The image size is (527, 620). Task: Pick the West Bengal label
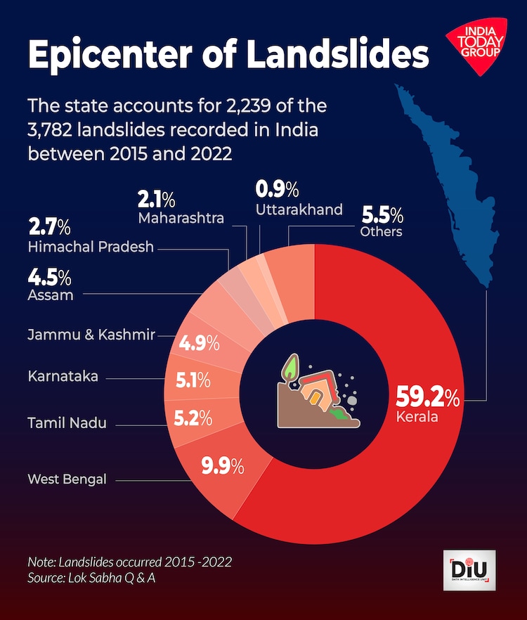[x=67, y=479]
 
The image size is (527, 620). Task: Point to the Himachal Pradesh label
[x=91, y=247]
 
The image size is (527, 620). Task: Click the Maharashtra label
[x=181, y=217]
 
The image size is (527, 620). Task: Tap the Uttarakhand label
[x=299, y=209]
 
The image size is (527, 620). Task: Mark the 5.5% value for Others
[x=382, y=214]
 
